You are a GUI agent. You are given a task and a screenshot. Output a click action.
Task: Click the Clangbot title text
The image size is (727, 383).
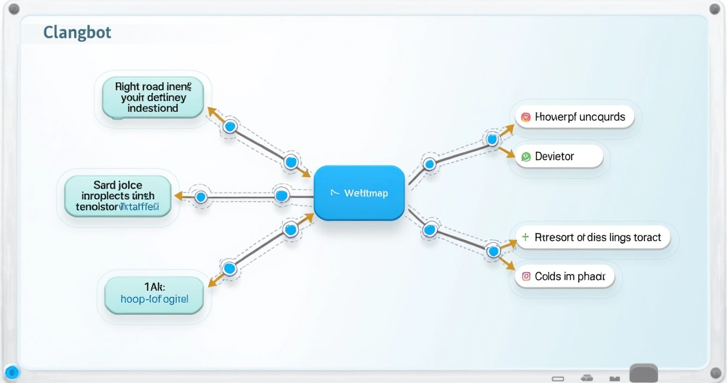77,32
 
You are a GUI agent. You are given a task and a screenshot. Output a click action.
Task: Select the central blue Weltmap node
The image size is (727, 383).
359,193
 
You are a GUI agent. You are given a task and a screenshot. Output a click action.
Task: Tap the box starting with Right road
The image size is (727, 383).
153,98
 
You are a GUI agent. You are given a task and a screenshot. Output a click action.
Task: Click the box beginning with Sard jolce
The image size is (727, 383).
118,195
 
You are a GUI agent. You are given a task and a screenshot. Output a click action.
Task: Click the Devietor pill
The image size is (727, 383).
558,157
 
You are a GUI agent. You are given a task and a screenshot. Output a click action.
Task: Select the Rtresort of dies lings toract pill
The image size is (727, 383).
592,238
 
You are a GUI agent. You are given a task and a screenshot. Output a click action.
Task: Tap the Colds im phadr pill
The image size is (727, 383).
564,276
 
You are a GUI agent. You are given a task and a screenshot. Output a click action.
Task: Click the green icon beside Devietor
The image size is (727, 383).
526,157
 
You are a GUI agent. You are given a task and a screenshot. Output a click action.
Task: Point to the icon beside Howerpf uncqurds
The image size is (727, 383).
526,117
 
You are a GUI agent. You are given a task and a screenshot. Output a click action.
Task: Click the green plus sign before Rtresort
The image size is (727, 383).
525,238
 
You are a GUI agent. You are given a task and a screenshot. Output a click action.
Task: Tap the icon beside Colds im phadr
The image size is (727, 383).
526,276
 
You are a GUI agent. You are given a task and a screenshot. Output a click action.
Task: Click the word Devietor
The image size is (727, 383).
554,157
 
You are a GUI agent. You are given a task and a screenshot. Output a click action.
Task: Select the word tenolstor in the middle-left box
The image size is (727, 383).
97,207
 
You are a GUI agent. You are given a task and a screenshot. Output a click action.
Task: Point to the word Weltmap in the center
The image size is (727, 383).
366,193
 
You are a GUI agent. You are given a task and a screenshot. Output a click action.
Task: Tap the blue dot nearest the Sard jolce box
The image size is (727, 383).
201,196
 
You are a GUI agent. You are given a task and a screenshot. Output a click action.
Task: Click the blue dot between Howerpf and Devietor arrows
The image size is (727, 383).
492,140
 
